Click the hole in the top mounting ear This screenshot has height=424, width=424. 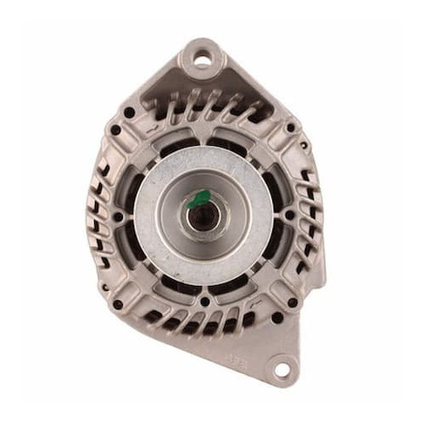(202, 59)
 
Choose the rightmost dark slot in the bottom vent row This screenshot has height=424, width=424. (254, 317)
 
